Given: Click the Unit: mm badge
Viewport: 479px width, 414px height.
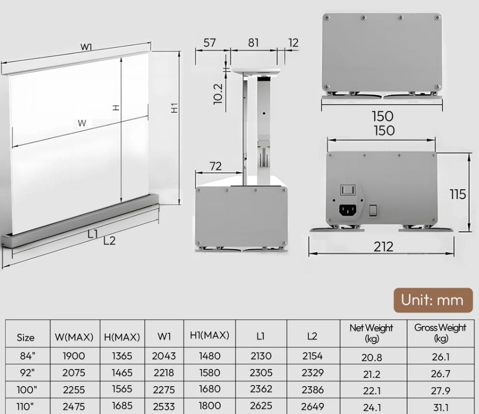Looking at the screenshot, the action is click(x=433, y=300).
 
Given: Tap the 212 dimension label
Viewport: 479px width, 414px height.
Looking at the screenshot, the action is click(x=383, y=247).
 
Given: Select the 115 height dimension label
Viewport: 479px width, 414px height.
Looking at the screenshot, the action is click(x=458, y=195).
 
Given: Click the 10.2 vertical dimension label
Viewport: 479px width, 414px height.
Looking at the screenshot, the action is click(x=218, y=94).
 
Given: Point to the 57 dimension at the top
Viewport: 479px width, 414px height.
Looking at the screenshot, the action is click(x=210, y=43).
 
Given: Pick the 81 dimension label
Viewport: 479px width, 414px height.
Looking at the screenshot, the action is click(x=253, y=43).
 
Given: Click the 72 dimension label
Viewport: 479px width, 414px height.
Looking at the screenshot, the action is click(x=215, y=166).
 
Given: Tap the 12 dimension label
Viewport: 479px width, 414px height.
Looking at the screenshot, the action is click(x=293, y=43).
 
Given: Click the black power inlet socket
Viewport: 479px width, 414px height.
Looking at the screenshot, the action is click(x=348, y=210).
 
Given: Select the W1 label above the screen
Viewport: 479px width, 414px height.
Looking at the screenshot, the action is click(x=87, y=47).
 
